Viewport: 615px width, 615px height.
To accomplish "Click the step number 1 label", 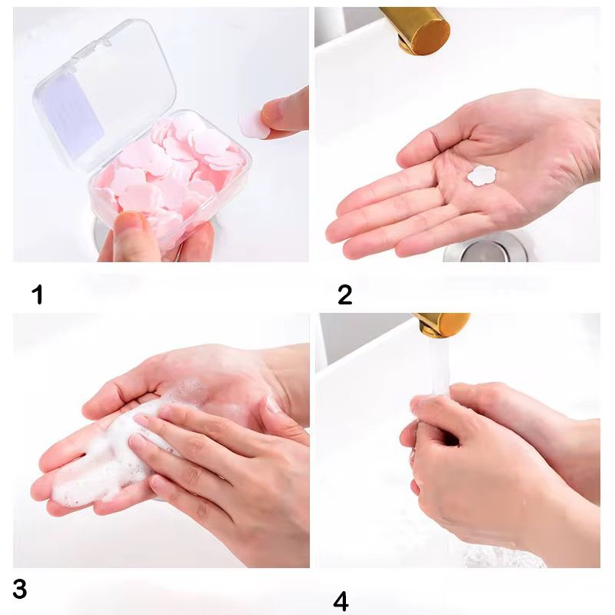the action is [38, 294].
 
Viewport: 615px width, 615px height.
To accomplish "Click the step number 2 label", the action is [344, 295].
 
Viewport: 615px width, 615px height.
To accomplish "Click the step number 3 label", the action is [20, 588].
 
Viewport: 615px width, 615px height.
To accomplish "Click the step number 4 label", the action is [341, 602].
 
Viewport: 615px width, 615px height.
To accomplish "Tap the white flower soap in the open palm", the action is [482, 175].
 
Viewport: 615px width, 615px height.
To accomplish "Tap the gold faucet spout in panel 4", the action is [442, 324].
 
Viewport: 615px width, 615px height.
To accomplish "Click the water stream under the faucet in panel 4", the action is [438, 364].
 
